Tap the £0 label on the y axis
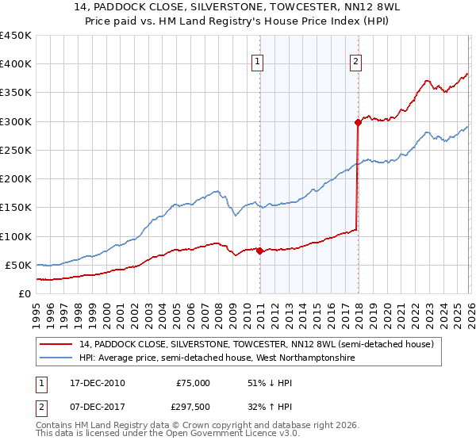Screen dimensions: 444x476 tap(24, 294)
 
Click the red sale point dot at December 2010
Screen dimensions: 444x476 tap(259, 251)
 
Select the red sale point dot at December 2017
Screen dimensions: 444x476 tap(357, 123)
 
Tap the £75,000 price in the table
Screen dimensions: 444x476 tap(193, 383)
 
